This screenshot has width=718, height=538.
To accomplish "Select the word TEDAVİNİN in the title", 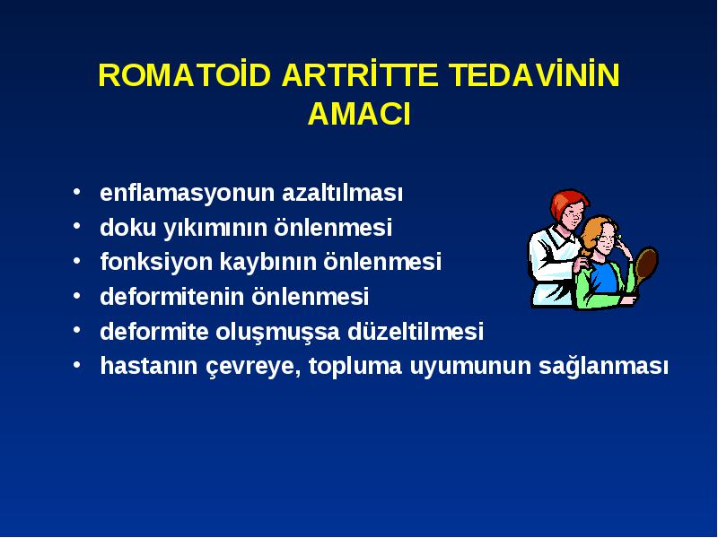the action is coord(534,74).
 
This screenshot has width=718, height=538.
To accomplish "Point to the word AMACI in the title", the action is coord(359,114).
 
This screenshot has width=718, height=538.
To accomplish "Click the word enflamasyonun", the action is coord(188,193).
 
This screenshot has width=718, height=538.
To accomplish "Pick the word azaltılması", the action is coord(343,193).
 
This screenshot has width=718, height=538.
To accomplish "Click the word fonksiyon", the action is coord(156,262).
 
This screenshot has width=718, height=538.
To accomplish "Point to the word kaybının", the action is coord(268,262).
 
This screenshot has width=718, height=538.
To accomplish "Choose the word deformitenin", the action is coord(172,297).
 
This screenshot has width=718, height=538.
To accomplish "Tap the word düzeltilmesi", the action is coord(416,331).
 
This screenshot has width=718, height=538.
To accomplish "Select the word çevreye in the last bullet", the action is coord(253,367).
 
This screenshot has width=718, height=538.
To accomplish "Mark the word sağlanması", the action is coord(603,367).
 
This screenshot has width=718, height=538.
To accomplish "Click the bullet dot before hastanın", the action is coord(77,365).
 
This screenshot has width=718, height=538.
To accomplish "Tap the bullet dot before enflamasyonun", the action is coord(77,192).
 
